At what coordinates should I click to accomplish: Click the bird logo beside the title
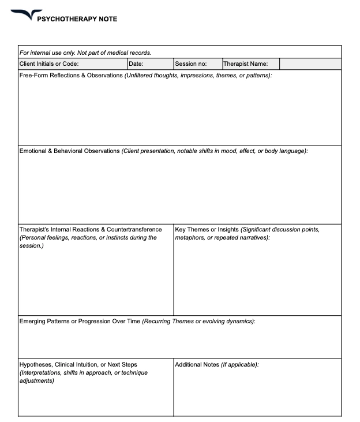[25, 15]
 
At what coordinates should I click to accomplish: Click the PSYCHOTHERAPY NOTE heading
[77, 19]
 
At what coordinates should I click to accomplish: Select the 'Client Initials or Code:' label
[49, 64]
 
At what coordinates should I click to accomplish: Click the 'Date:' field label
[136, 64]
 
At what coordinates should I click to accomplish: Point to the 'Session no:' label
[190, 64]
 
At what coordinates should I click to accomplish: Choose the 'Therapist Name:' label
[245, 64]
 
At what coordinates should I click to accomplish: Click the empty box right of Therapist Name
[310, 64]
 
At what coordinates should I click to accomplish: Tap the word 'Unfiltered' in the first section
[141, 76]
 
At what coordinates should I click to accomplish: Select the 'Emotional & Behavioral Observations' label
[69, 151]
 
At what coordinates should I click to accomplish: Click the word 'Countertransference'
[134, 230]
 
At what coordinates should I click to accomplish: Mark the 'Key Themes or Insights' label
[207, 230]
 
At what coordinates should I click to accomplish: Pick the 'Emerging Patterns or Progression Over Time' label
[80, 321]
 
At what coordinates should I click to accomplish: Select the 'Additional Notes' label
[197, 365]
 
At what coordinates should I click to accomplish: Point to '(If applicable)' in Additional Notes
[240, 365]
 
